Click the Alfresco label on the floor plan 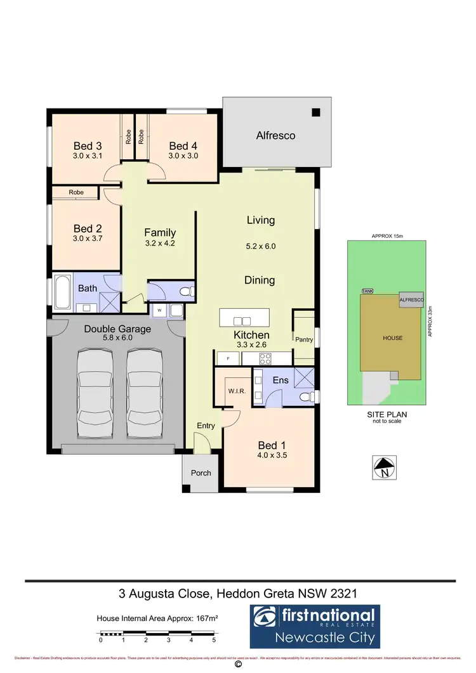coord(275,135)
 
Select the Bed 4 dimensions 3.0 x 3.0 coord(183,155)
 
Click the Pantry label coord(304,339)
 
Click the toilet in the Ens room coord(305,396)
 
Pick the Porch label coord(201,473)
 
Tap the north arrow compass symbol coord(384,468)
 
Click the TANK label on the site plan coord(367,291)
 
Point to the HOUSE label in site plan coord(392,337)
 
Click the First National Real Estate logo coord(313,625)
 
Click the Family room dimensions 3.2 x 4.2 coord(160,244)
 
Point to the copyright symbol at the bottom coord(238,665)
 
